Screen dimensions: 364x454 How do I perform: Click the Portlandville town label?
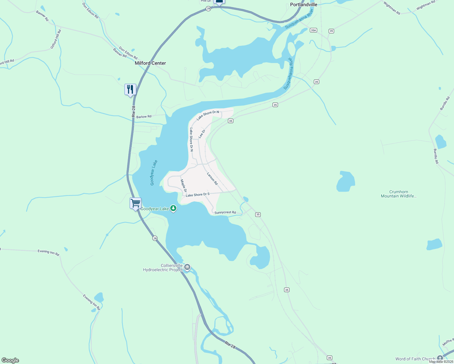[x=303, y=5]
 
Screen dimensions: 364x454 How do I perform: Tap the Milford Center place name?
[x=150, y=63]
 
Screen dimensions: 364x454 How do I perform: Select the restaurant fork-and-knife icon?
[x=130, y=89]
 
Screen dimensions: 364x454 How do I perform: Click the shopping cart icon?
[x=135, y=203]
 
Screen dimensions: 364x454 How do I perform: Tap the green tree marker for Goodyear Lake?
[x=173, y=208]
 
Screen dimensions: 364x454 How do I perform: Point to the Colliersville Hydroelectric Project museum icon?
[x=187, y=267]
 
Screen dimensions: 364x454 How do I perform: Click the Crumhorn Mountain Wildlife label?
[x=398, y=194]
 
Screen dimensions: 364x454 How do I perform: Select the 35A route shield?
[x=313, y=30]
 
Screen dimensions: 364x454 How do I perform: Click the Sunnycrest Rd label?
[x=225, y=213]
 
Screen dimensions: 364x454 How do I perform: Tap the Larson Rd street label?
[x=212, y=179]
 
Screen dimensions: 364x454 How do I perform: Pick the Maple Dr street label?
[x=183, y=186]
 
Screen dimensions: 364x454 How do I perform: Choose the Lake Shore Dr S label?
[x=198, y=194]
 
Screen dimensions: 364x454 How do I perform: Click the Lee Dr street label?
[x=202, y=134]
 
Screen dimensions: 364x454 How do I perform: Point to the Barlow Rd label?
[x=144, y=117]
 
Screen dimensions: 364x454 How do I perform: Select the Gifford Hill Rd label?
[x=56, y=39]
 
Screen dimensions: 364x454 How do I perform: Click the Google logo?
[x=10, y=360]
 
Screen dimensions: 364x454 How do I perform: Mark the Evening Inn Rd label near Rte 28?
[x=48, y=252]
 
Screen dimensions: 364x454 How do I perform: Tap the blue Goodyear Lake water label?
[x=154, y=173]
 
